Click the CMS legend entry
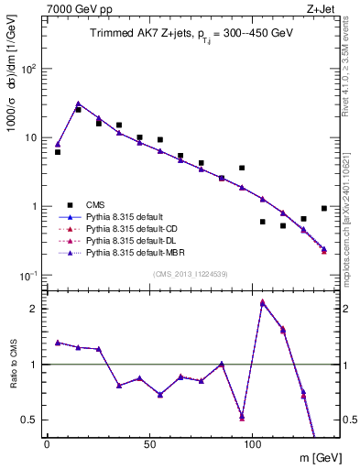(x=95, y=205)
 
